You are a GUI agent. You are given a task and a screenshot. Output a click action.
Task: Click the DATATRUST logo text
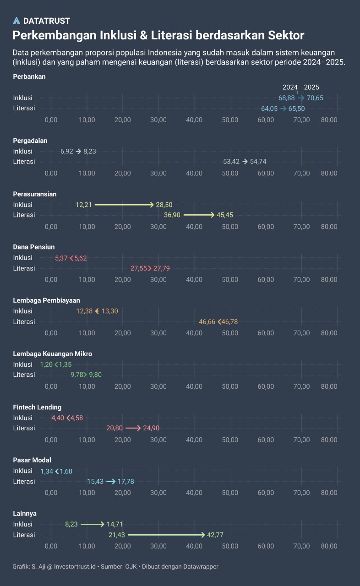[x=46, y=21]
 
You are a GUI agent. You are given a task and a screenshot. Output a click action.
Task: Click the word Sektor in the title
[x=284, y=35]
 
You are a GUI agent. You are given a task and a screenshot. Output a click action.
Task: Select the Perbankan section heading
[x=29, y=77]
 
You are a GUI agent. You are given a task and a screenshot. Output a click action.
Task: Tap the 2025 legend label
[x=311, y=87]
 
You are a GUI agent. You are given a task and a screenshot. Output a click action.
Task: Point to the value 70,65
[x=315, y=98]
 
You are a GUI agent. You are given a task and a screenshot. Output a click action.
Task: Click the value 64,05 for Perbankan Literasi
[x=269, y=109]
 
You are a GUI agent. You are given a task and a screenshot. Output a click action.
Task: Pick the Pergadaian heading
[x=30, y=141]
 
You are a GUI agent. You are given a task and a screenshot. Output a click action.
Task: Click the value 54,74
[x=258, y=162]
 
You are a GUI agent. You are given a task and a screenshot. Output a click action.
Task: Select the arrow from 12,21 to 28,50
[x=124, y=205]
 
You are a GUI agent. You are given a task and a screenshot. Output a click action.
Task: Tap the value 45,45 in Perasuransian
[x=225, y=215]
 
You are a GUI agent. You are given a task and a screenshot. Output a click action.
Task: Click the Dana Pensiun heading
[x=34, y=247]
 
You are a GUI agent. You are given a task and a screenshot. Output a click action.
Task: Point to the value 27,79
[x=162, y=268]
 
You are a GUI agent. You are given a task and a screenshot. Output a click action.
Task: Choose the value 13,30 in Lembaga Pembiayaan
[x=110, y=311]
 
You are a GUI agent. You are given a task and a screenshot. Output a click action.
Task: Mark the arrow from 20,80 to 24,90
[x=133, y=429]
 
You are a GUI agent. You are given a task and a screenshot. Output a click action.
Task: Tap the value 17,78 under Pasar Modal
[x=126, y=482]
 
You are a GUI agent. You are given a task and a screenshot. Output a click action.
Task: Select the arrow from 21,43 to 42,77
[x=166, y=535]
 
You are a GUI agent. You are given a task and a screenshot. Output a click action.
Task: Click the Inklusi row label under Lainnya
[x=23, y=524]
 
